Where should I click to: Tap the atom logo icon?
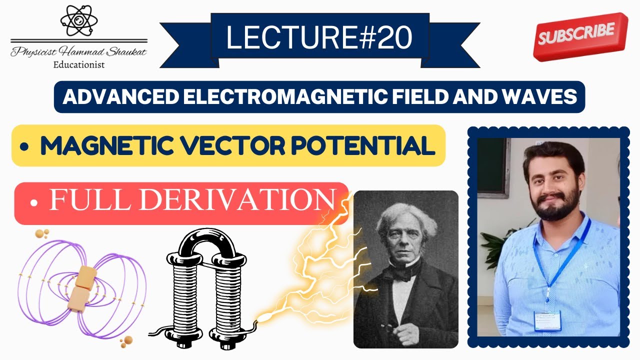point(78,20)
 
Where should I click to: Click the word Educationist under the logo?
point(78,64)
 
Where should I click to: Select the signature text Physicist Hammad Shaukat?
point(78,52)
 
